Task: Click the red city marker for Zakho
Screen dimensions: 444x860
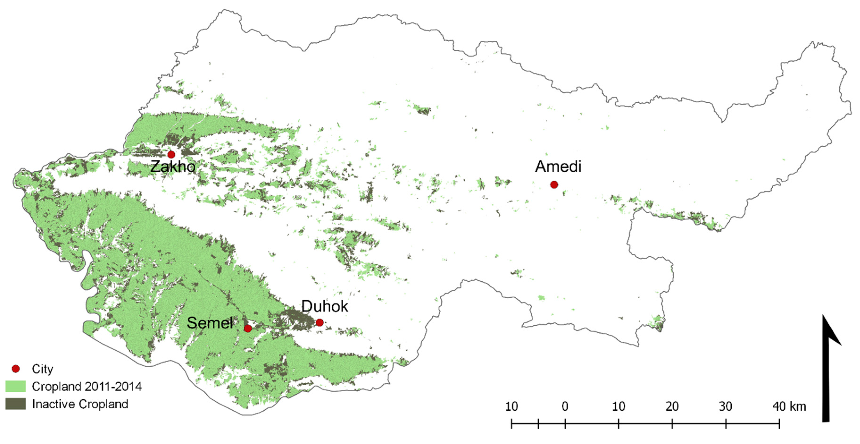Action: pos(171,154)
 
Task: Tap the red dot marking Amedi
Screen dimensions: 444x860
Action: pos(554,185)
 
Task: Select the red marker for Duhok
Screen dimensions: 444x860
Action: pos(319,322)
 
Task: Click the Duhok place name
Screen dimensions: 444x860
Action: pos(325,306)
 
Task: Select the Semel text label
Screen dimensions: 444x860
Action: pos(210,323)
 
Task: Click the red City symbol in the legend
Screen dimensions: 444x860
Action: pos(16,369)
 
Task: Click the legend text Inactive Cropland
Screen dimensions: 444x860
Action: pos(80,404)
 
